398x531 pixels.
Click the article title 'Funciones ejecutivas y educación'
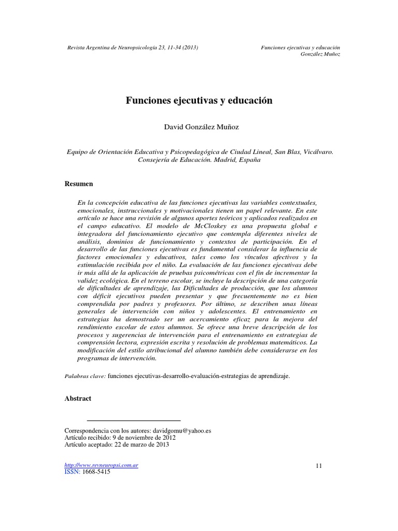click(x=199, y=101)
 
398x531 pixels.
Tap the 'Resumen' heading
click(x=78, y=184)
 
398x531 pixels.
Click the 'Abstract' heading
click(x=77, y=398)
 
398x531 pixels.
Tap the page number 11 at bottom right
click(x=319, y=466)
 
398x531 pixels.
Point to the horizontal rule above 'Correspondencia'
click(x=133, y=420)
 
